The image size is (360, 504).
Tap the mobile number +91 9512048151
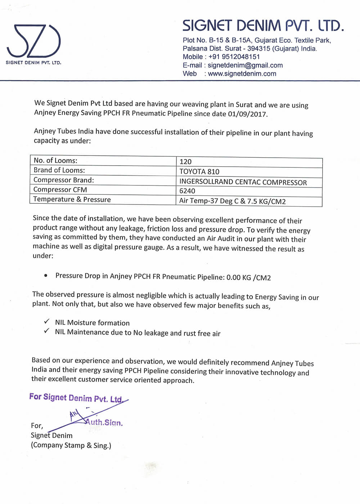point(234,57)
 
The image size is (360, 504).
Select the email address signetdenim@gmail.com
point(245,65)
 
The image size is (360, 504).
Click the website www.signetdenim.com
point(242,74)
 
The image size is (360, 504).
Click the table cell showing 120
point(186,162)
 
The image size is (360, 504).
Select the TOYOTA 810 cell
point(199,172)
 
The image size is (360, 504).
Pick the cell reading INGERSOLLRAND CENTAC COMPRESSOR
point(243,182)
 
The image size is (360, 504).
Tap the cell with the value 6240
point(187,191)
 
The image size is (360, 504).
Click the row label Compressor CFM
point(60,190)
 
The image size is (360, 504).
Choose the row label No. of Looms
point(55,161)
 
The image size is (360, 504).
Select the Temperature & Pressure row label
point(72,199)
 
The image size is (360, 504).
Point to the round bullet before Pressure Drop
point(46,275)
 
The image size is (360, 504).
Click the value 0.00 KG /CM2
point(248,278)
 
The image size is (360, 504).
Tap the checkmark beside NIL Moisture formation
point(47,321)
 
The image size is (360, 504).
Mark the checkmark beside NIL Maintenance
point(47,331)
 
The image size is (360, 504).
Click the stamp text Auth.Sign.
point(104,422)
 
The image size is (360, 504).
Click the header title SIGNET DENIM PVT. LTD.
point(263,26)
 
